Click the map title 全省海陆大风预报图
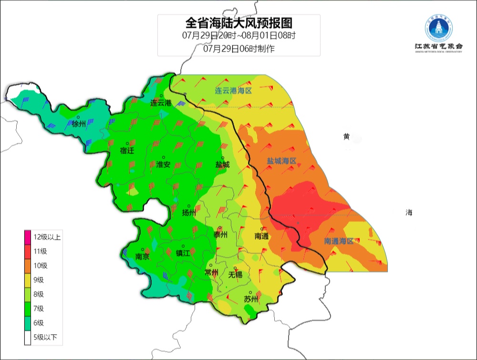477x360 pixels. pos(238,22)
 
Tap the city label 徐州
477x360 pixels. pos(79,124)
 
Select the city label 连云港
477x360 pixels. pos(160,103)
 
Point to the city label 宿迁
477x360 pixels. pos(127,151)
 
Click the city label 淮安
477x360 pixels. pos(163,164)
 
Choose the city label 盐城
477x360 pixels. pos(222,165)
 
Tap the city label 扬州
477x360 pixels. pos(189,213)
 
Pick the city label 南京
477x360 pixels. pos(143,256)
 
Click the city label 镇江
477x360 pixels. pos(183,254)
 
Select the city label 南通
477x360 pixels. pos(262,236)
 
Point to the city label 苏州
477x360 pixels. pos(251,299)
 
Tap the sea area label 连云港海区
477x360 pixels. pos(233,91)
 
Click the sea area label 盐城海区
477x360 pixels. pos(281,161)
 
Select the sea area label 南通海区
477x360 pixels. pos(339,242)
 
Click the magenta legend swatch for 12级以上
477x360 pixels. pos(28,237)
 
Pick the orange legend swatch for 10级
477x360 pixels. pos(28,265)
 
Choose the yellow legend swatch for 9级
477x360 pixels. pos(28,280)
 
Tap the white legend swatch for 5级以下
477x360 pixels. pos(28,338)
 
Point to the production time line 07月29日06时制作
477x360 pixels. pos(238,48)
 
